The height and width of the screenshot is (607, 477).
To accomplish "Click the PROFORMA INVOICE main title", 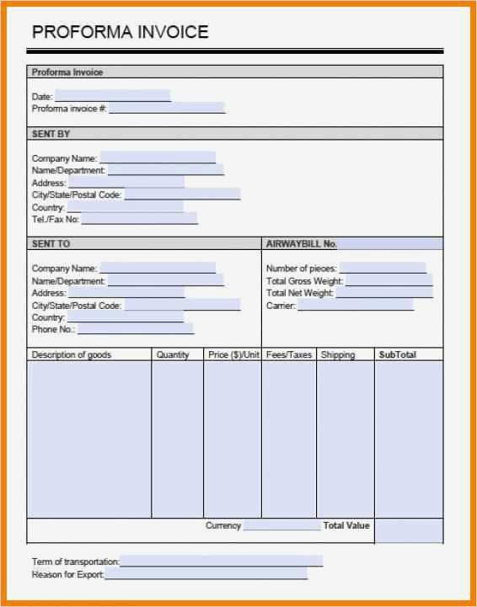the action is click(x=120, y=33).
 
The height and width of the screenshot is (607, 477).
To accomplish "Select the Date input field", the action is click(x=112, y=96).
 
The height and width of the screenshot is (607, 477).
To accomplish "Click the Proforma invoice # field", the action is click(x=166, y=108).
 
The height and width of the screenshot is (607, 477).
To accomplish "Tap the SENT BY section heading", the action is click(x=51, y=134).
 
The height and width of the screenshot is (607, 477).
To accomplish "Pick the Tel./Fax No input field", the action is click(x=139, y=219).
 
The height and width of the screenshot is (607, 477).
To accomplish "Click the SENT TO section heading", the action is click(x=51, y=243).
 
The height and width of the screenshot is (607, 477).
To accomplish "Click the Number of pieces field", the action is click(x=383, y=268).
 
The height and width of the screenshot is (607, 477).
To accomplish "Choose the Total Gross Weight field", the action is click(x=389, y=280).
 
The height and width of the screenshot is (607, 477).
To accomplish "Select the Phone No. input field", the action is click(x=136, y=329).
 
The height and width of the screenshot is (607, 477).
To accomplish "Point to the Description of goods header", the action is click(x=72, y=355).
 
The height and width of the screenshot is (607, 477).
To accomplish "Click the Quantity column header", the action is click(x=173, y=355).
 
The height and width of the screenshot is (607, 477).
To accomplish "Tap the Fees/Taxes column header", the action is click(x=289, y=355).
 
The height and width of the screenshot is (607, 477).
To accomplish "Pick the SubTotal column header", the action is click(x=398, y=355).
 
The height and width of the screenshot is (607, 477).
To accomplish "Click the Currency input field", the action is click(x=281, y=526).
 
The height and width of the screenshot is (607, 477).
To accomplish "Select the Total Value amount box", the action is click(x=409, y=530).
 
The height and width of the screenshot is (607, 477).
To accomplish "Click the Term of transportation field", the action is click(x=221, y=561).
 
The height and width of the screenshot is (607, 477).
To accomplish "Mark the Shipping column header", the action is click(x=338, y=355).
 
